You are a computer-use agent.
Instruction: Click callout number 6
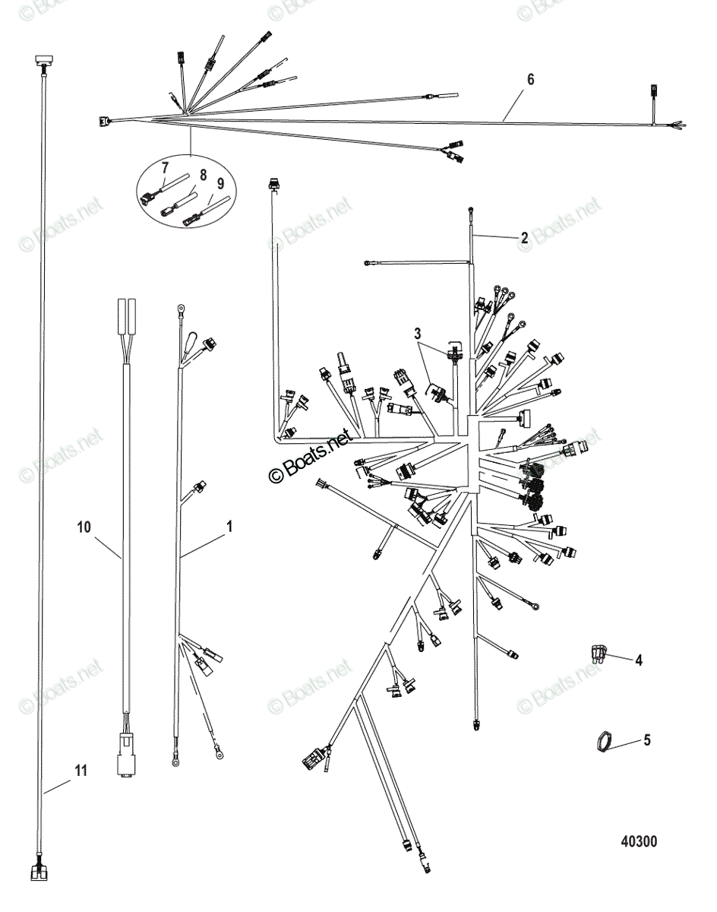point(530,79)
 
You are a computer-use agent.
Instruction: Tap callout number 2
point(524,237)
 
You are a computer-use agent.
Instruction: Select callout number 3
point(417,333)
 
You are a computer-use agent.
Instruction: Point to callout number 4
point(639,660)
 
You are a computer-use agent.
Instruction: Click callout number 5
point(646,739)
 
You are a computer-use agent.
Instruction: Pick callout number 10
point(84,525)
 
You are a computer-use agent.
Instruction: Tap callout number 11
point(81,771)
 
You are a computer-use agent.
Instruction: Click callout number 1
point(229,525)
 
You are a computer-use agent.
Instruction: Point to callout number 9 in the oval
point(220,182)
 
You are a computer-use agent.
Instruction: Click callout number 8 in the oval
point(203,174)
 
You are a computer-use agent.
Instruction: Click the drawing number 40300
point(639,841)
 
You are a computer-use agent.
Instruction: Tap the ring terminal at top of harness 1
point(182,309)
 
